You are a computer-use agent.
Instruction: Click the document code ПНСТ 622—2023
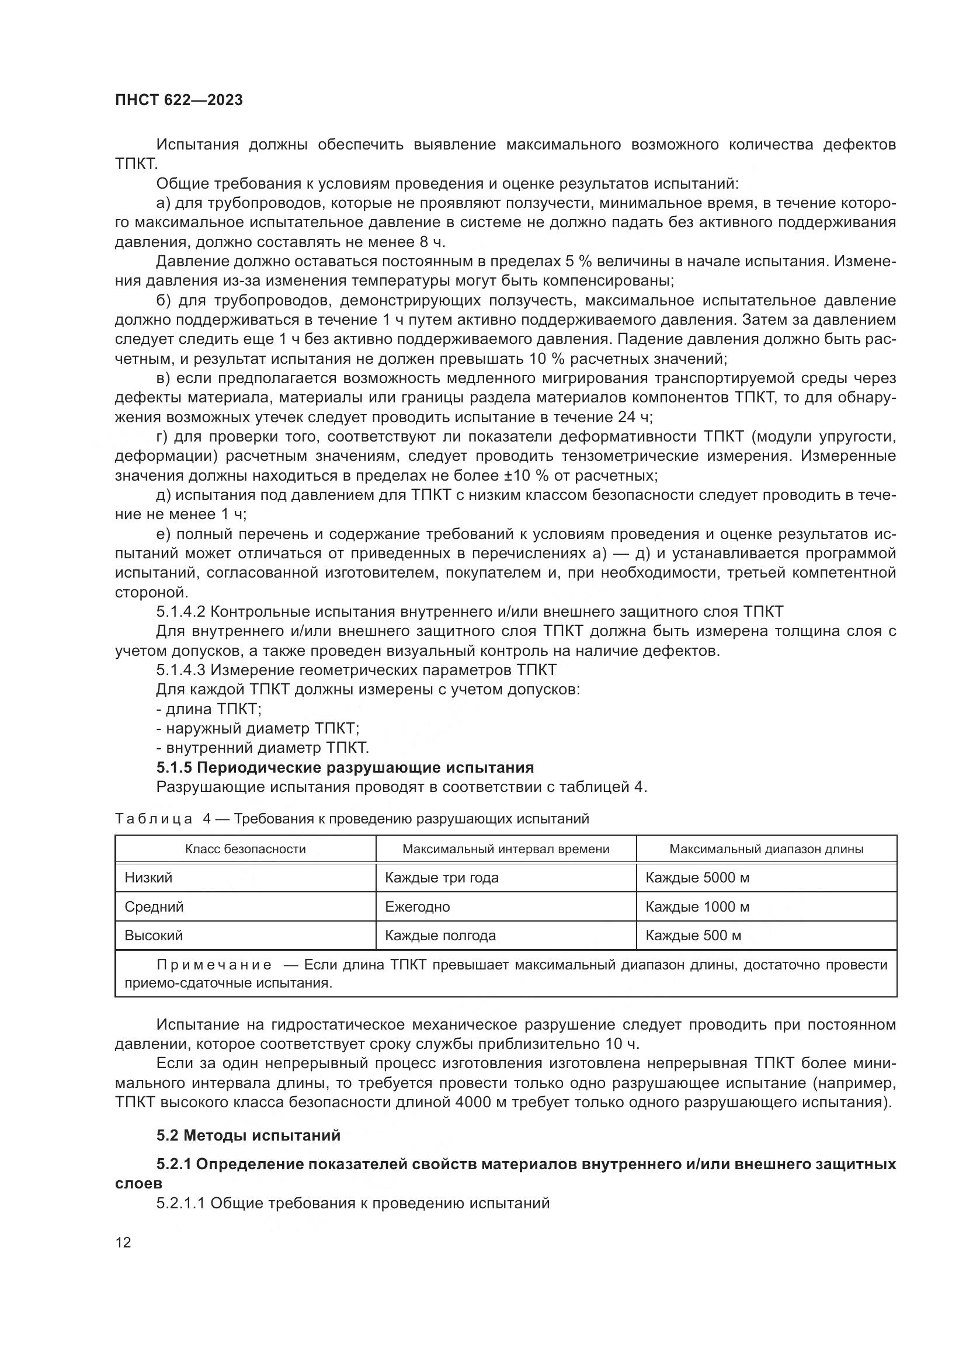click(179, 100)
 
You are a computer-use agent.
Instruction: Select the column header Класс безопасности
click(245, 849)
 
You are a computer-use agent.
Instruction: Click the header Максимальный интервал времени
click(506, 849)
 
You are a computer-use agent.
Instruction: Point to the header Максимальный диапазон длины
click(766, 849)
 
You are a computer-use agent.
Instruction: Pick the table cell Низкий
click(148, 878)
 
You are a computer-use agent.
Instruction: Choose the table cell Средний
click(154, 907)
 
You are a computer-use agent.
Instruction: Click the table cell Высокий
click(154, 935)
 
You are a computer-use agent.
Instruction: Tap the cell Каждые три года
click(442, 878)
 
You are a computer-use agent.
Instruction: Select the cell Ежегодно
click(417, 907)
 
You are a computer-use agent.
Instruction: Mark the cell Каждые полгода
click(440, 935)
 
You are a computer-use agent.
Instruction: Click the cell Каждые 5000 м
click(697, 878)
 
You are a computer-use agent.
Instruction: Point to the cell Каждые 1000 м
click(697, 907)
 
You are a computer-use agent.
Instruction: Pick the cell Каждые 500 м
click(693, 935)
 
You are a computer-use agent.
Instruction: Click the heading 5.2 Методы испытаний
click(248, 1135)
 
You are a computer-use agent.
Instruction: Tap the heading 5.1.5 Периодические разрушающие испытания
click(345, 767)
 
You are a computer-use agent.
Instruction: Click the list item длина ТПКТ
click(209, 709)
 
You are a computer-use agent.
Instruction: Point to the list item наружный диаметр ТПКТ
click(258, 728)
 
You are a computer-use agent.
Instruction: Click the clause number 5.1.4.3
click(181, 670)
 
